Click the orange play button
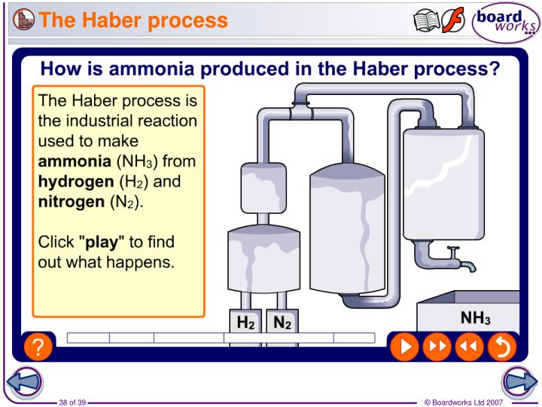point(404,346)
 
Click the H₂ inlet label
point(246,323)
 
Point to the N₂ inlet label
point(282,323)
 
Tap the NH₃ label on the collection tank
point(475,319)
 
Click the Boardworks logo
point(506,23)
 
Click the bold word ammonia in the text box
point(73,161)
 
